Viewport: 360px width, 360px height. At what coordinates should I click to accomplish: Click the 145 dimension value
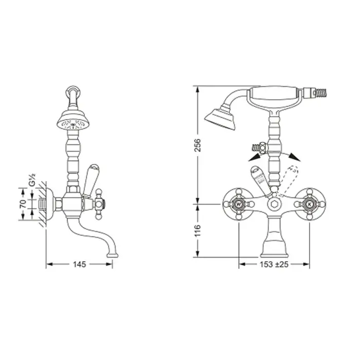click(x=79, y=264)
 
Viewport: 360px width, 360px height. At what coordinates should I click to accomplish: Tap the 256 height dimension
click(x=197, y=145)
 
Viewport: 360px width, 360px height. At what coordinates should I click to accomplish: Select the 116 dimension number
click(x=197, y=230)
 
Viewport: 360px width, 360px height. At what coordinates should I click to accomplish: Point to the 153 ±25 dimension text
click(x=274, y=264)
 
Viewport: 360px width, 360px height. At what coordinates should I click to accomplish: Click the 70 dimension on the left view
click(x=23, y=204)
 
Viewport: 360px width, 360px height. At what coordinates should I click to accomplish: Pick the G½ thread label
click(x=32, y=180)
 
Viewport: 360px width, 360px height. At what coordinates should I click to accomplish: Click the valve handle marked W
click(x=239, y=204)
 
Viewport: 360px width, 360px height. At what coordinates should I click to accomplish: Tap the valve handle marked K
click(x=310, y=204)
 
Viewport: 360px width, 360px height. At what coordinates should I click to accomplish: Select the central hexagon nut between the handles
click(x=274, y=204)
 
